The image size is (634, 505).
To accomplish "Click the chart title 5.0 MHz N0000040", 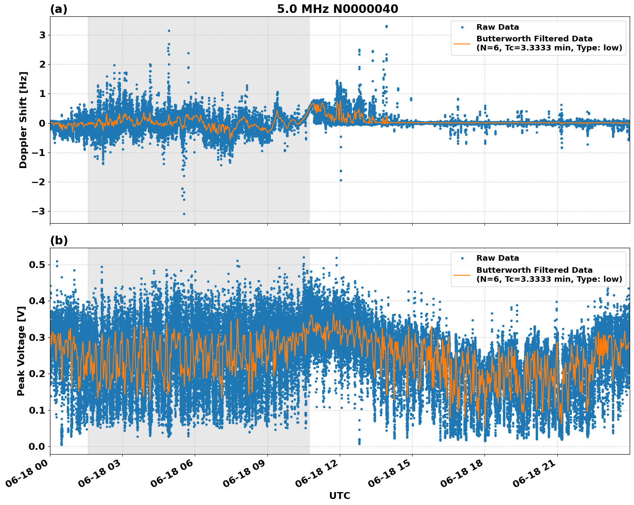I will pos(337,9).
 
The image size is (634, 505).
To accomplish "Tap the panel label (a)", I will pos(59,9).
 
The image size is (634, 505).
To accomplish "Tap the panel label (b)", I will pos(59,240).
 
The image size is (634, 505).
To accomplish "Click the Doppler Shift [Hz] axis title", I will pos(23,120).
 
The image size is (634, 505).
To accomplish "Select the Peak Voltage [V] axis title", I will pos(21,351).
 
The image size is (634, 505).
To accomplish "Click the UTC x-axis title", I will pos(339,496).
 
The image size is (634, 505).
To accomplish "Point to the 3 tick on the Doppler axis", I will pos(42,35).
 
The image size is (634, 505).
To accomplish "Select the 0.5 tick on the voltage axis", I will pos(37,265).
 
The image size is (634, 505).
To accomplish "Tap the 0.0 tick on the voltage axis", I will pos(37,446).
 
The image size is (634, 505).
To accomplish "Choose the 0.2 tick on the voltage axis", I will pos(37,374).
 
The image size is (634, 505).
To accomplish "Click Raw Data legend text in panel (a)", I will pos(497,27).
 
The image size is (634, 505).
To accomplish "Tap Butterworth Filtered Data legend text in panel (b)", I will pos(534,270).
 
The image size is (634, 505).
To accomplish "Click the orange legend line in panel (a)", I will pos(462,43).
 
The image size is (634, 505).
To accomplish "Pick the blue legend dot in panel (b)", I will pos(462,258).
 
